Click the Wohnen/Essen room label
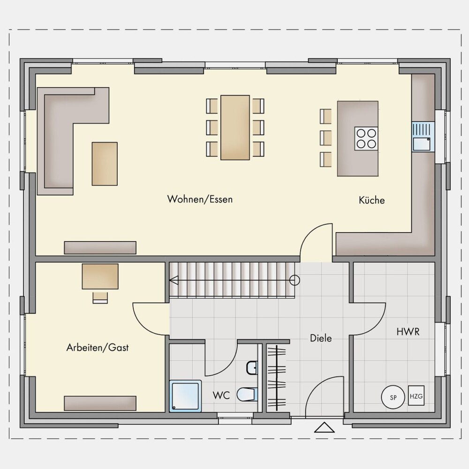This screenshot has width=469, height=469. tap(200, 199)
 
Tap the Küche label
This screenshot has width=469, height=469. tap(372, 200)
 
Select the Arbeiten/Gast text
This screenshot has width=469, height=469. tap(98, 347)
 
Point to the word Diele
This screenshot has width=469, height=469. tap(321, 338)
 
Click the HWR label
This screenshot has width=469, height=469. tap(408, 332)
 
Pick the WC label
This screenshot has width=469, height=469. tap(221, 395)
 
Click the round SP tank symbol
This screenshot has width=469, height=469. tap(393, 397)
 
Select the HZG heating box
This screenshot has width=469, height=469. tap(416, 396)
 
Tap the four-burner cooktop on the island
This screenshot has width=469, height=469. tap(366, 138)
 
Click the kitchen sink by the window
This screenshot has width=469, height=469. tap(423, 137)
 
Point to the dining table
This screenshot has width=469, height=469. tap(235, 128)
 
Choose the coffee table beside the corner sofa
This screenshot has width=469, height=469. tap(105, 164)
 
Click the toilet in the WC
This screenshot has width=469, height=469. tap(247, 394)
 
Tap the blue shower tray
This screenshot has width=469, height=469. tap(185, 396)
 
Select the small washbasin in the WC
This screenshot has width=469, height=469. tap(252, 368)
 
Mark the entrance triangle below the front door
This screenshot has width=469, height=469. tap(324, 427)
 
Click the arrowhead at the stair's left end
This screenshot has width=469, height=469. tap(174, 280)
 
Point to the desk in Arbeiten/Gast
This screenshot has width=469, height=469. tap(100, 276)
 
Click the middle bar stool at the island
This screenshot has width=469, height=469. tap(326, 138)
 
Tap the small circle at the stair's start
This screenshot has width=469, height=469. tap(295, 280)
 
